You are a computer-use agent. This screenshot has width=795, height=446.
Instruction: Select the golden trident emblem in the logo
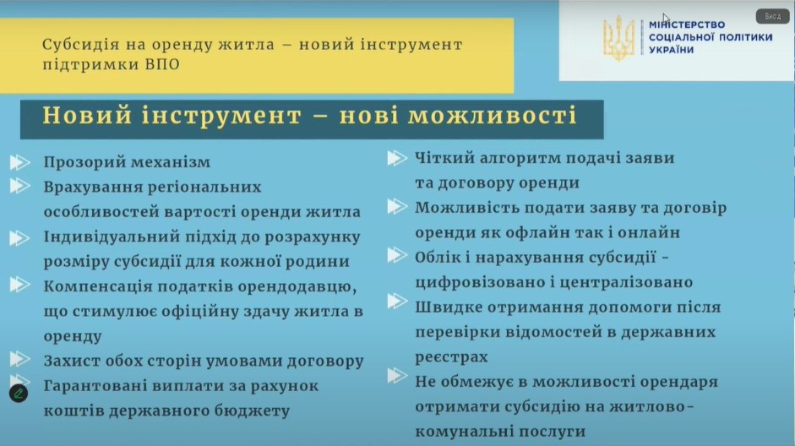click(618, 37)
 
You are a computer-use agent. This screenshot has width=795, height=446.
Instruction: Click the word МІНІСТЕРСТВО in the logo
click(687, 24)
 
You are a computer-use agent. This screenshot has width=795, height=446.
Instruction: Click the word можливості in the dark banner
click(493, 115)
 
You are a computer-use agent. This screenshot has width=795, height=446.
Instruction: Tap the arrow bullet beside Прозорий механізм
click(19, 162)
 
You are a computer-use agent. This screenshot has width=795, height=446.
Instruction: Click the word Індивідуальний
click(112, 237)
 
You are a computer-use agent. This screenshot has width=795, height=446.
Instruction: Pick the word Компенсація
click(97, 286)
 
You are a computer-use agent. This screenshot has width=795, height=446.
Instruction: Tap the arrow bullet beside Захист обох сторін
click(19, 359)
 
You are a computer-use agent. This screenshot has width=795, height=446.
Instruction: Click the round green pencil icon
click(19, 394)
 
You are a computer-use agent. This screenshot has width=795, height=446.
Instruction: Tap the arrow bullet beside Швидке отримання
click(397, 302)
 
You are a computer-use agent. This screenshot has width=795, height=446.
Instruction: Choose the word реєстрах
click(451, 357)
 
